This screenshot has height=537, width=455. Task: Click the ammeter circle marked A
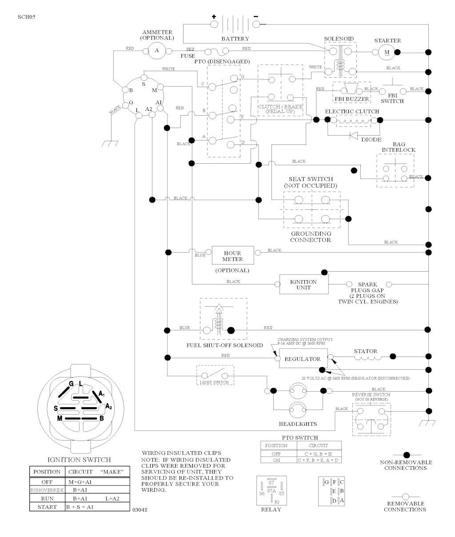click(156, 51)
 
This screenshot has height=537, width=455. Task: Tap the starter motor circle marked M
click(386, 52)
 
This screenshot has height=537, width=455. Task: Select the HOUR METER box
click(233, 256)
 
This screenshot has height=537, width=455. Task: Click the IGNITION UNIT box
click(303, 285)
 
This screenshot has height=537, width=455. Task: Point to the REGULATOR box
click(303, 359)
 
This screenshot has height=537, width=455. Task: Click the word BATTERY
click(235, 39)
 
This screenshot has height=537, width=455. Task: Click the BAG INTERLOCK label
click(399, 147)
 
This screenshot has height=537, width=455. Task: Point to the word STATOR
click(366, 351)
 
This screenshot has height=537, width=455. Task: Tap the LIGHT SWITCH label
click(215, 382)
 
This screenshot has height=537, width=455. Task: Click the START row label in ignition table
click(47, 507)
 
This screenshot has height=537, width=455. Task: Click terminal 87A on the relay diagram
click(271, 491)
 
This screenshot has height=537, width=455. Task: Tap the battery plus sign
click(214, 17)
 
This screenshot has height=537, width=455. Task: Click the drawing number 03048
click(140, 510)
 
